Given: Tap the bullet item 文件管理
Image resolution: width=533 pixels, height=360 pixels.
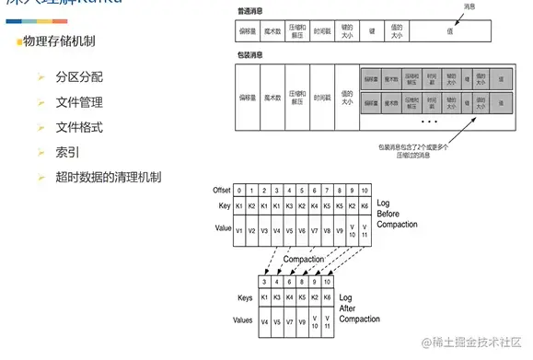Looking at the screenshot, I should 79,102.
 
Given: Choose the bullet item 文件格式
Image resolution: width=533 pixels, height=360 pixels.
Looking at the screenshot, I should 79,127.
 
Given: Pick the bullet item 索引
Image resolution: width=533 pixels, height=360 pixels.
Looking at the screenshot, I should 67,151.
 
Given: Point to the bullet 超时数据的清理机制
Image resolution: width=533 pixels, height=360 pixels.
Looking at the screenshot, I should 109,176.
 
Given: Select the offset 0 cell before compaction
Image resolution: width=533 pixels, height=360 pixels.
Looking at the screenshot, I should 239,190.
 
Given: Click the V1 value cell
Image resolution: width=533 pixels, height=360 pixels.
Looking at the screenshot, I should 239,229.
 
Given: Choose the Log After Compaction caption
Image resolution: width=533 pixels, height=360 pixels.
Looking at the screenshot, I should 358,309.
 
